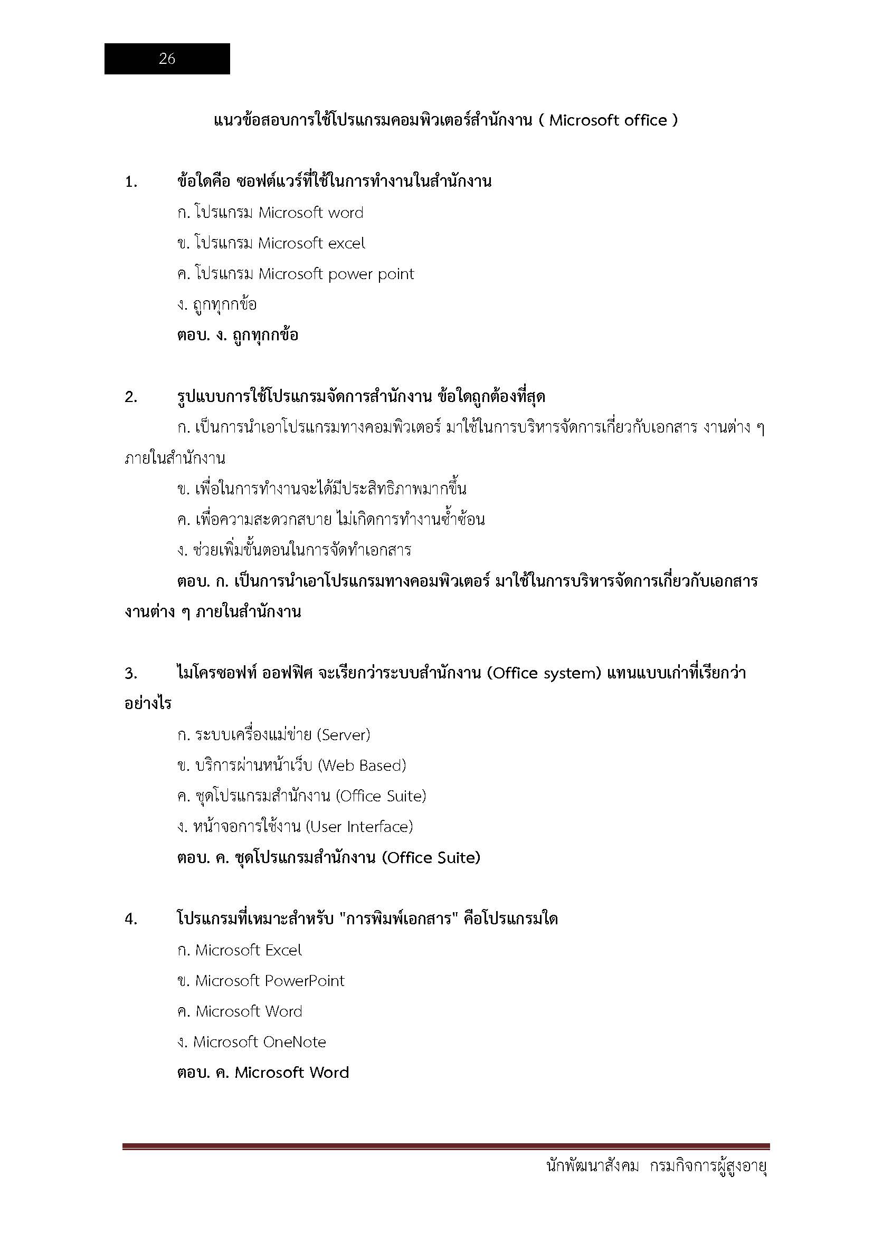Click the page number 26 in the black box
pyautogui.click(x=167, y=59)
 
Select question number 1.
pyautogui.click(x=130, y=182)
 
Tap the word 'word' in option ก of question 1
pyautogui.click(x=345, y=213)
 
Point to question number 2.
pyautogui.click(x=130, y=397)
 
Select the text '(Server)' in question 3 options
pyautogui.click(x=344, y=735)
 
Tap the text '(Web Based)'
pyautogui.click(x=362, y=766)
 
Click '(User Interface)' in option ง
pyautogui.click(x=359, y=827)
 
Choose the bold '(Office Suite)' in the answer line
pyautogui.click(x=431, y=858)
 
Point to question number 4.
pyautogui.click(x=130, y=919)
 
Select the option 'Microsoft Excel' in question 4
pyautogui.click(x=248, y=950)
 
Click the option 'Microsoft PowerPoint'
pyautogui.click(x=269, y=981)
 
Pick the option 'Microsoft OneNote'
pyautogui.click(x=260, y=1042)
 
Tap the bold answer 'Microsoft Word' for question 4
pyautogui.click(x=292, y=1073)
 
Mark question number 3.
pyautogui.click(x=130, y=673)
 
